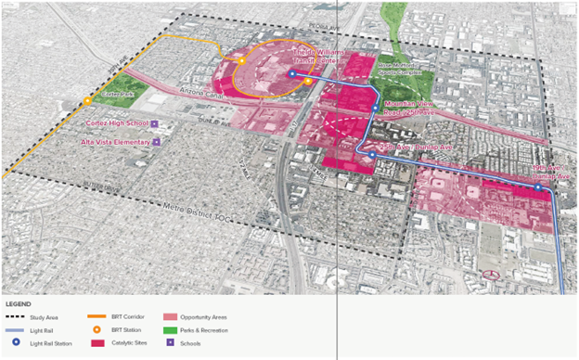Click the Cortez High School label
tap(116, 122)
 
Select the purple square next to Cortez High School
tap(155, 122)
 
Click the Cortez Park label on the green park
tap(119, 93)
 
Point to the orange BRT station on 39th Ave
tap(87, 101)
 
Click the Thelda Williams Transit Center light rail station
tap(290, 73)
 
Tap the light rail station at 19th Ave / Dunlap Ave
tap(537, 187)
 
